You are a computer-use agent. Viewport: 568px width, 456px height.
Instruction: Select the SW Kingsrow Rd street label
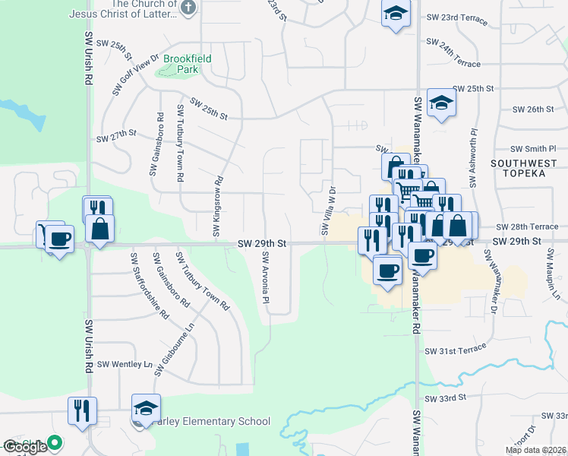[217, 204]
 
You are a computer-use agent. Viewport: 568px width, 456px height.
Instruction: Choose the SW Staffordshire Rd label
[149, 287]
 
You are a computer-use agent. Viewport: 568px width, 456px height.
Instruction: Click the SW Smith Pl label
[533, 150]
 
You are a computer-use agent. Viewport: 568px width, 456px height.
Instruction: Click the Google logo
[24, 447]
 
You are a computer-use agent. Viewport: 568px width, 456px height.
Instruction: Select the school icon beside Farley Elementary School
[146, 409]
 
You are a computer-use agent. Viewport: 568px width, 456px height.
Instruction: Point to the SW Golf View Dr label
[135, 74]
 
